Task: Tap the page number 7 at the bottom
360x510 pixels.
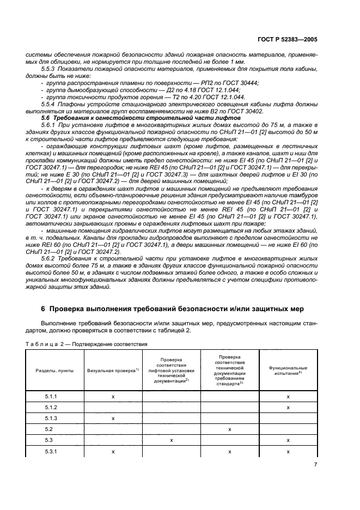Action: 315,465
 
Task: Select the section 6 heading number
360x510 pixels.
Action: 44,309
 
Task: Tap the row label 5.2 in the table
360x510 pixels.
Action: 51,429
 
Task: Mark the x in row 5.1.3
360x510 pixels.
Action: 113,418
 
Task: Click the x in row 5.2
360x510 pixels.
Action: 230,429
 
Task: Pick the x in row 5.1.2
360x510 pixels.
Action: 288,408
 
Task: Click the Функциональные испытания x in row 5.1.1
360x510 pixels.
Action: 288,397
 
